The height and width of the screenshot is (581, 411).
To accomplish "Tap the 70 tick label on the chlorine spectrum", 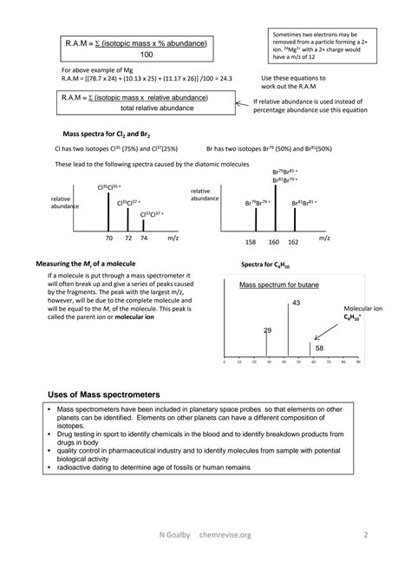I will [x=109, y=237].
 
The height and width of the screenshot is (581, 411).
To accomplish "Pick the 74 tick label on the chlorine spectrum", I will [x=144, y=237].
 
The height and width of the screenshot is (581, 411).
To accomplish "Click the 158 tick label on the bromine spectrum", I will [x=251, y=242].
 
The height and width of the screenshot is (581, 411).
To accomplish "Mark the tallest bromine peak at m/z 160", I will [x=274, y=208].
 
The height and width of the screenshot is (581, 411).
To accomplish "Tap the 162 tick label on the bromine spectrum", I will [x=294, y=242].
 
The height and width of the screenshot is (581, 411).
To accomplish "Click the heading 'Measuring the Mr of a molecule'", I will [x=85, y=263].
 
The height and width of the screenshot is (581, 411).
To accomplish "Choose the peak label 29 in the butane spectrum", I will [x=267, y=330].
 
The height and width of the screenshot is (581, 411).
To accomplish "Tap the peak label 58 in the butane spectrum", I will [x=319, y=348].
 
